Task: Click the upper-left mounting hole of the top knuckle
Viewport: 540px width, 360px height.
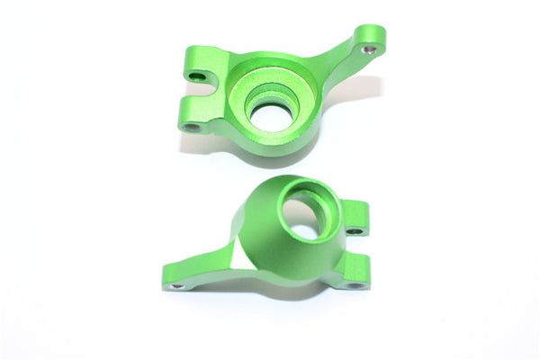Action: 195,77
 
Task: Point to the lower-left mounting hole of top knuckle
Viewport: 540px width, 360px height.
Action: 190,127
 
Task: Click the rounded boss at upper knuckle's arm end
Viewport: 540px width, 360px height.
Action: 372,38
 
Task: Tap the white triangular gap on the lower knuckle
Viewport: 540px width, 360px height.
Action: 236,256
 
